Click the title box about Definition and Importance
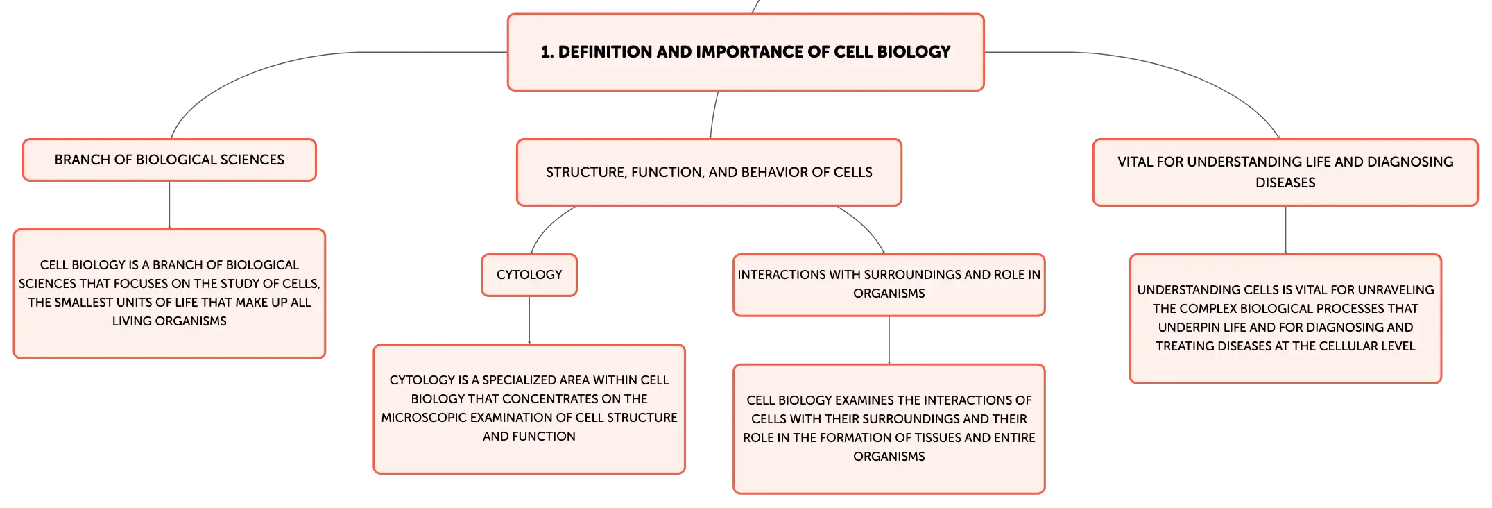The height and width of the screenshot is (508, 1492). [746, 52]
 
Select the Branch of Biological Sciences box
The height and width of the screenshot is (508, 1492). [169, 160]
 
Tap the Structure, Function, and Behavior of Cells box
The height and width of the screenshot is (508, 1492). [709, 172]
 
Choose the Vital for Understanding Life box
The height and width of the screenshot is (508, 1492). [1285, 172]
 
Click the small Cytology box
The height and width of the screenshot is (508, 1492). [529, 275]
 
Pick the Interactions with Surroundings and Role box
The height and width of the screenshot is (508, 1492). [889, 285]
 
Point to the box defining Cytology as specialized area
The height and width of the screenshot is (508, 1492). [529, 409]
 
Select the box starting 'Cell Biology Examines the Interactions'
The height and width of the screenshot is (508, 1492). [889, 429]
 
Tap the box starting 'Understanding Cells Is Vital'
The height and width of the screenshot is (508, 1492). [1285, 319]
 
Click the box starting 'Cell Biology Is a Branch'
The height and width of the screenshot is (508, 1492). [169, 294]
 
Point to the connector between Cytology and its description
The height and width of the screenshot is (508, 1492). [529, 320]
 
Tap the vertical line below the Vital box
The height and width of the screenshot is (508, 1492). [1285, 230]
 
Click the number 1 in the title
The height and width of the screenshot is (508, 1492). [546, 52]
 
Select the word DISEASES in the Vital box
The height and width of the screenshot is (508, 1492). [1285, 183]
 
